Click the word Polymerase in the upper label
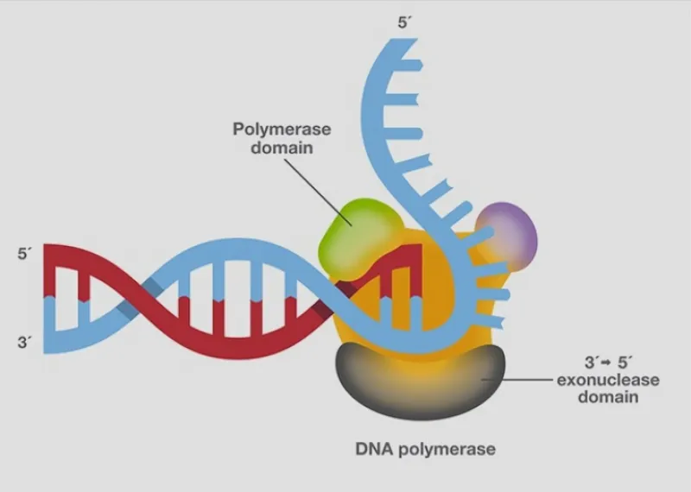tap(282, 129)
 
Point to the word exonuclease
tap(608, 380)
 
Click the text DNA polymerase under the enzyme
tap(425, 450)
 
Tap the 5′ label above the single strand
tap(404, 23)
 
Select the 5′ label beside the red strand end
tap(25, 254)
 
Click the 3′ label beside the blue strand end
tap(25, 342)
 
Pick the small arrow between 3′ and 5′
tap(607, 363)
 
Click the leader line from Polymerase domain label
tap(318, 192)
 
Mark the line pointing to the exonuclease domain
tap(517, 379)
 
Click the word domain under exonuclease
tap(608, 397)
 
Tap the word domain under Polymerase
tap(282, 148)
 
